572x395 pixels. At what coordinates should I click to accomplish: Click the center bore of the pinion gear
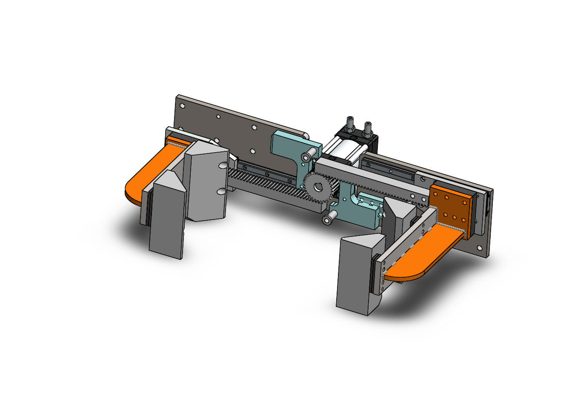317,187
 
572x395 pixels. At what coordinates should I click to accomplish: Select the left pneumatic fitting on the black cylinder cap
350,124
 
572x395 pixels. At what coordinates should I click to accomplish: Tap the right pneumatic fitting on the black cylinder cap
366,127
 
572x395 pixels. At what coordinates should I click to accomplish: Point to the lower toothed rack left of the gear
264,181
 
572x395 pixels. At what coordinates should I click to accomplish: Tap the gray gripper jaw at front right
355,276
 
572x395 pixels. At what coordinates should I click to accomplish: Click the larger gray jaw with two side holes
206,183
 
